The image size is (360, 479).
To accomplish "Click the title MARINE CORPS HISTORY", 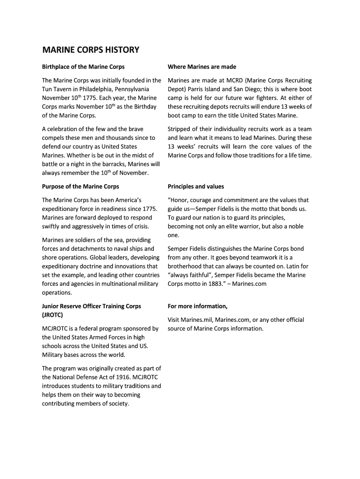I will (91, 50).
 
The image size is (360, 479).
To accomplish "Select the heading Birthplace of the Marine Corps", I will (83, 67).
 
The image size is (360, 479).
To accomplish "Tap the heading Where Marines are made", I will (202, 67).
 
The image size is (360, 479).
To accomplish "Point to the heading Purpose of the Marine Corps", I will (80, 187).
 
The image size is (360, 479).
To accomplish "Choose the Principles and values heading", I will (196, 187).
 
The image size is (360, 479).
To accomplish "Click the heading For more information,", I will (198, 306).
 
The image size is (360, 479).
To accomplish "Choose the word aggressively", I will (86, 226).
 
